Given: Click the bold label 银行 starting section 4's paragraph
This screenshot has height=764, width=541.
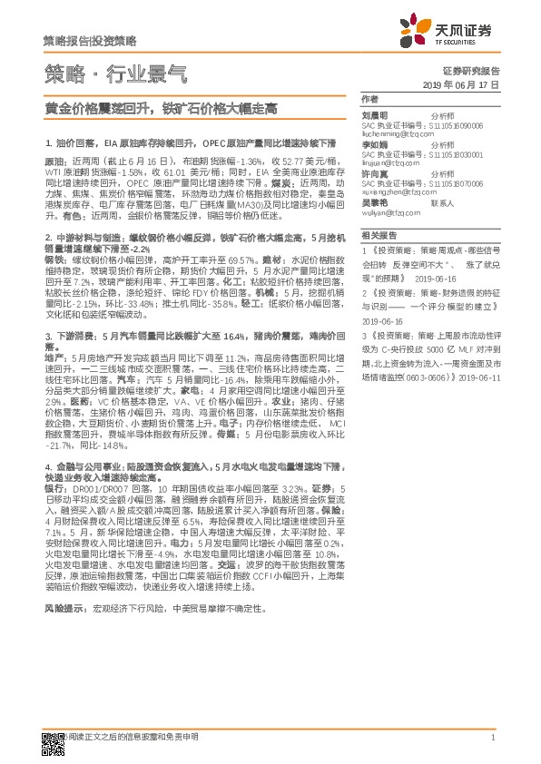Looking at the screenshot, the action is pyautogui.click(x=54, y=487).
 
